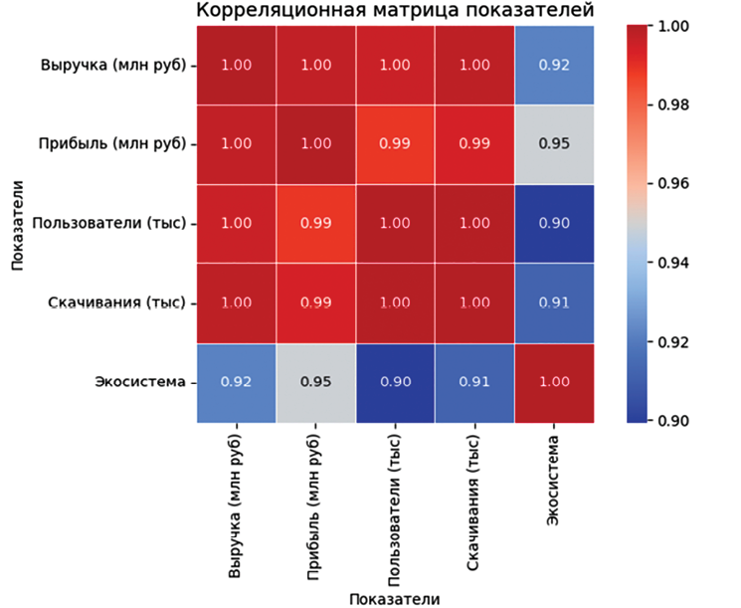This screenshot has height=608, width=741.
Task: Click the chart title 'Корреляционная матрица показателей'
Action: pos(394,12)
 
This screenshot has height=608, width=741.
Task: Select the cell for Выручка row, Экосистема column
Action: pos(554,65)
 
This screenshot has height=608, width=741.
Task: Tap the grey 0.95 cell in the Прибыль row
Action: pos(554,143)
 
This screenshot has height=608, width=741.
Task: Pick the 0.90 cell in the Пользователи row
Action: pos(554,223)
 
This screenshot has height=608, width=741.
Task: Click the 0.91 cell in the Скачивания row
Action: pos(554,303)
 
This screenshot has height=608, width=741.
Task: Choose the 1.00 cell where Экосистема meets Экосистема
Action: pos(554,382)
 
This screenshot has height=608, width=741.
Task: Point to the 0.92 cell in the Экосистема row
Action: pos(236,382)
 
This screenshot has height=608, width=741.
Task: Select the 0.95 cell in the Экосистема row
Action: pos(315,382)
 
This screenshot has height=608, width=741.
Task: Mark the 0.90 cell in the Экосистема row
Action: pos(395,382)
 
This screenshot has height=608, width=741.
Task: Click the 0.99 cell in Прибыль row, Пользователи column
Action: pos(395,143)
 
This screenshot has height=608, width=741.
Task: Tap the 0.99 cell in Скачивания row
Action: pos(315,303)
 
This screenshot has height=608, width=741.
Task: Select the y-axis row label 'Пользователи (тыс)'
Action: pos(109,224)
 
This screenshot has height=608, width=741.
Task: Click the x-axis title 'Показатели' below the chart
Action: pos(394,598)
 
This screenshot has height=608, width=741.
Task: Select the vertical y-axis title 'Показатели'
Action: pos(17,224)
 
